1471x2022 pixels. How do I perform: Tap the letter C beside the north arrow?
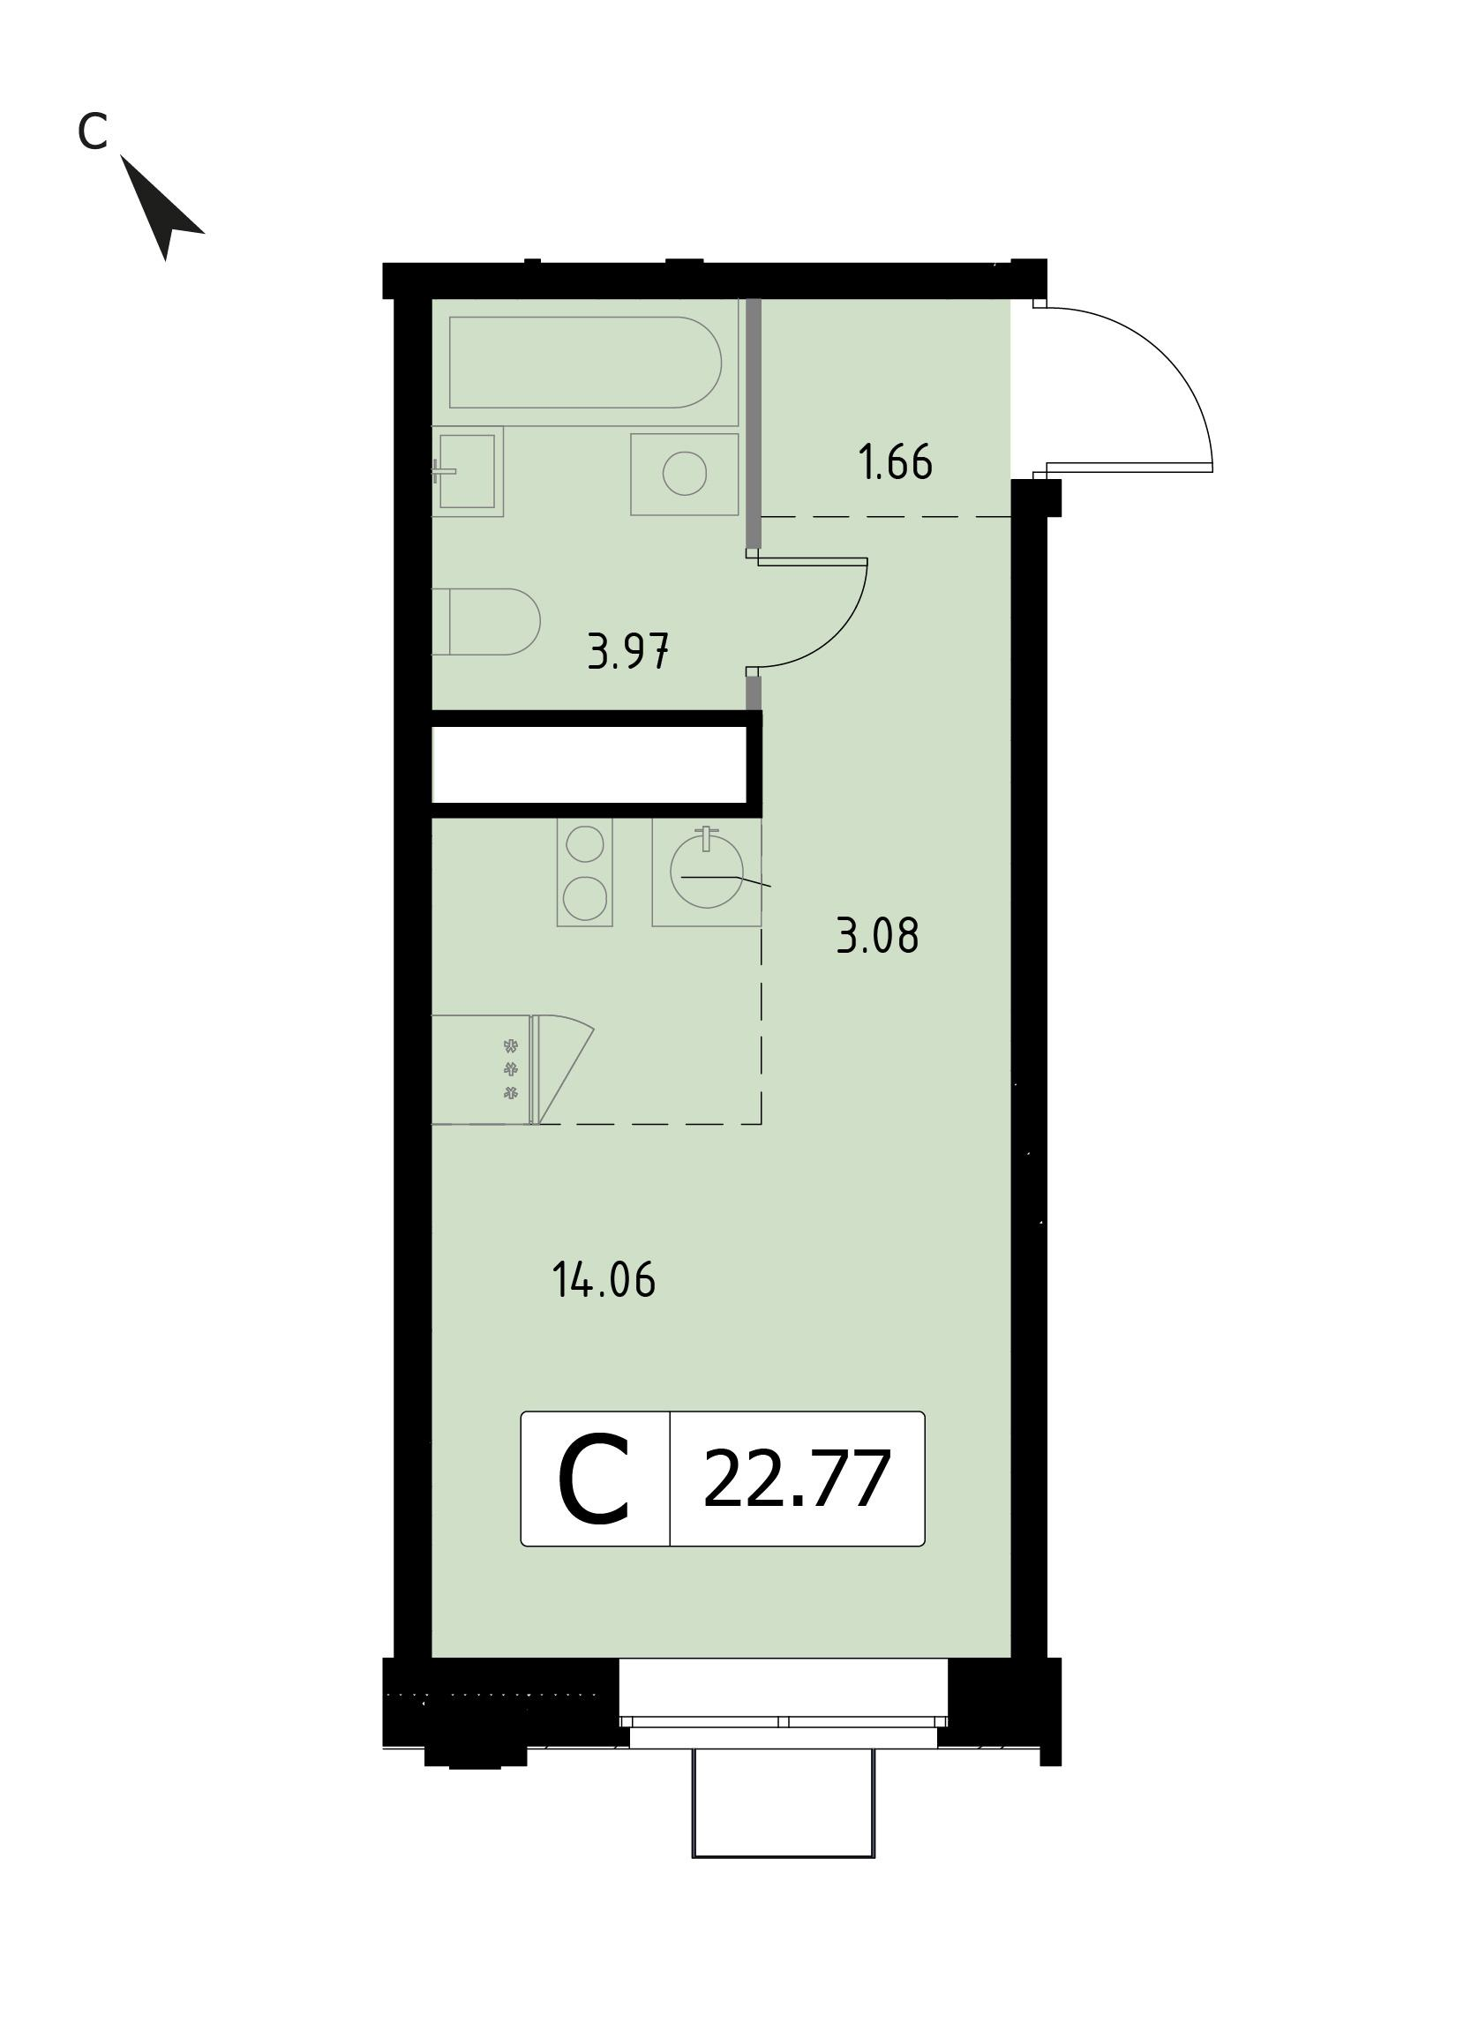coord(93,131)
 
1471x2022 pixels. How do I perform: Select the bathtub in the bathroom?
coord(585,362)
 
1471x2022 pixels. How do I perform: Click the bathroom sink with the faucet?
coord(467,471)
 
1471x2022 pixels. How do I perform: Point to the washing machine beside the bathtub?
coord(685,474)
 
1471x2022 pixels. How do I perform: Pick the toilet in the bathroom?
coord(486,621)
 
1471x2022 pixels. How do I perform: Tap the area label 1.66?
coord(895,462)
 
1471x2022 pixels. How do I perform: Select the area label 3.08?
coord(877,936)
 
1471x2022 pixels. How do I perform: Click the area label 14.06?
coord(604,1280)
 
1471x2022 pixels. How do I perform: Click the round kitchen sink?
coord(706,872)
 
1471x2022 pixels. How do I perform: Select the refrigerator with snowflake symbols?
coord(513,1069)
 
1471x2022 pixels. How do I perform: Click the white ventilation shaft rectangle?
coord(589,765)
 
